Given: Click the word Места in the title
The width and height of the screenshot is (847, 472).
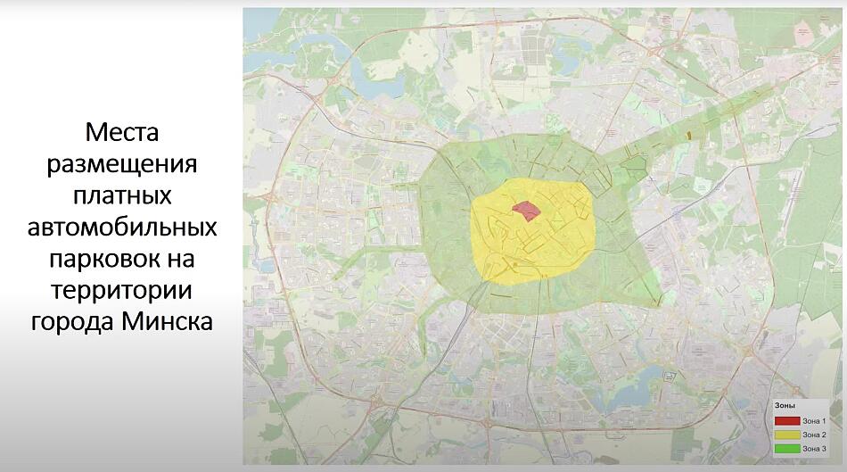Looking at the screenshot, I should (x=122, y=132).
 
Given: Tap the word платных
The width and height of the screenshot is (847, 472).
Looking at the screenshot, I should (x=122, y=195).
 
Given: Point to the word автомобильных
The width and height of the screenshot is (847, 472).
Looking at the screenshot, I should (x=122, y=227).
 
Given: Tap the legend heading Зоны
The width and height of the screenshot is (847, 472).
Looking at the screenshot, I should (x=784, y=406).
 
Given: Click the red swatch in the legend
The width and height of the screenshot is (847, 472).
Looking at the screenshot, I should (x=786, y=420).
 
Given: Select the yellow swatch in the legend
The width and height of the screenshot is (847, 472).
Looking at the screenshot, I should (x=786, y=434).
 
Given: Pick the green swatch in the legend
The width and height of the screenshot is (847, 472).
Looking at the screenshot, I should (x=786, y=447).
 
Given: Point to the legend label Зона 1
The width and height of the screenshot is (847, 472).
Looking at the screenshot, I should (x=815, y=420).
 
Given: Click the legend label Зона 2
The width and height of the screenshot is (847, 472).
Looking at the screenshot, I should (x=815, y=434).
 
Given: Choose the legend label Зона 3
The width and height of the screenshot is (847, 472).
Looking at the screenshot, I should (x=815, y=447).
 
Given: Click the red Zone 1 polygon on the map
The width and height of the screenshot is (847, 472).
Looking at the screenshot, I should (x=526, y=211).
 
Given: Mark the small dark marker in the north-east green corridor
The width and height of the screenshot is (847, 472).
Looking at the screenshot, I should (x=691, y=134).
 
